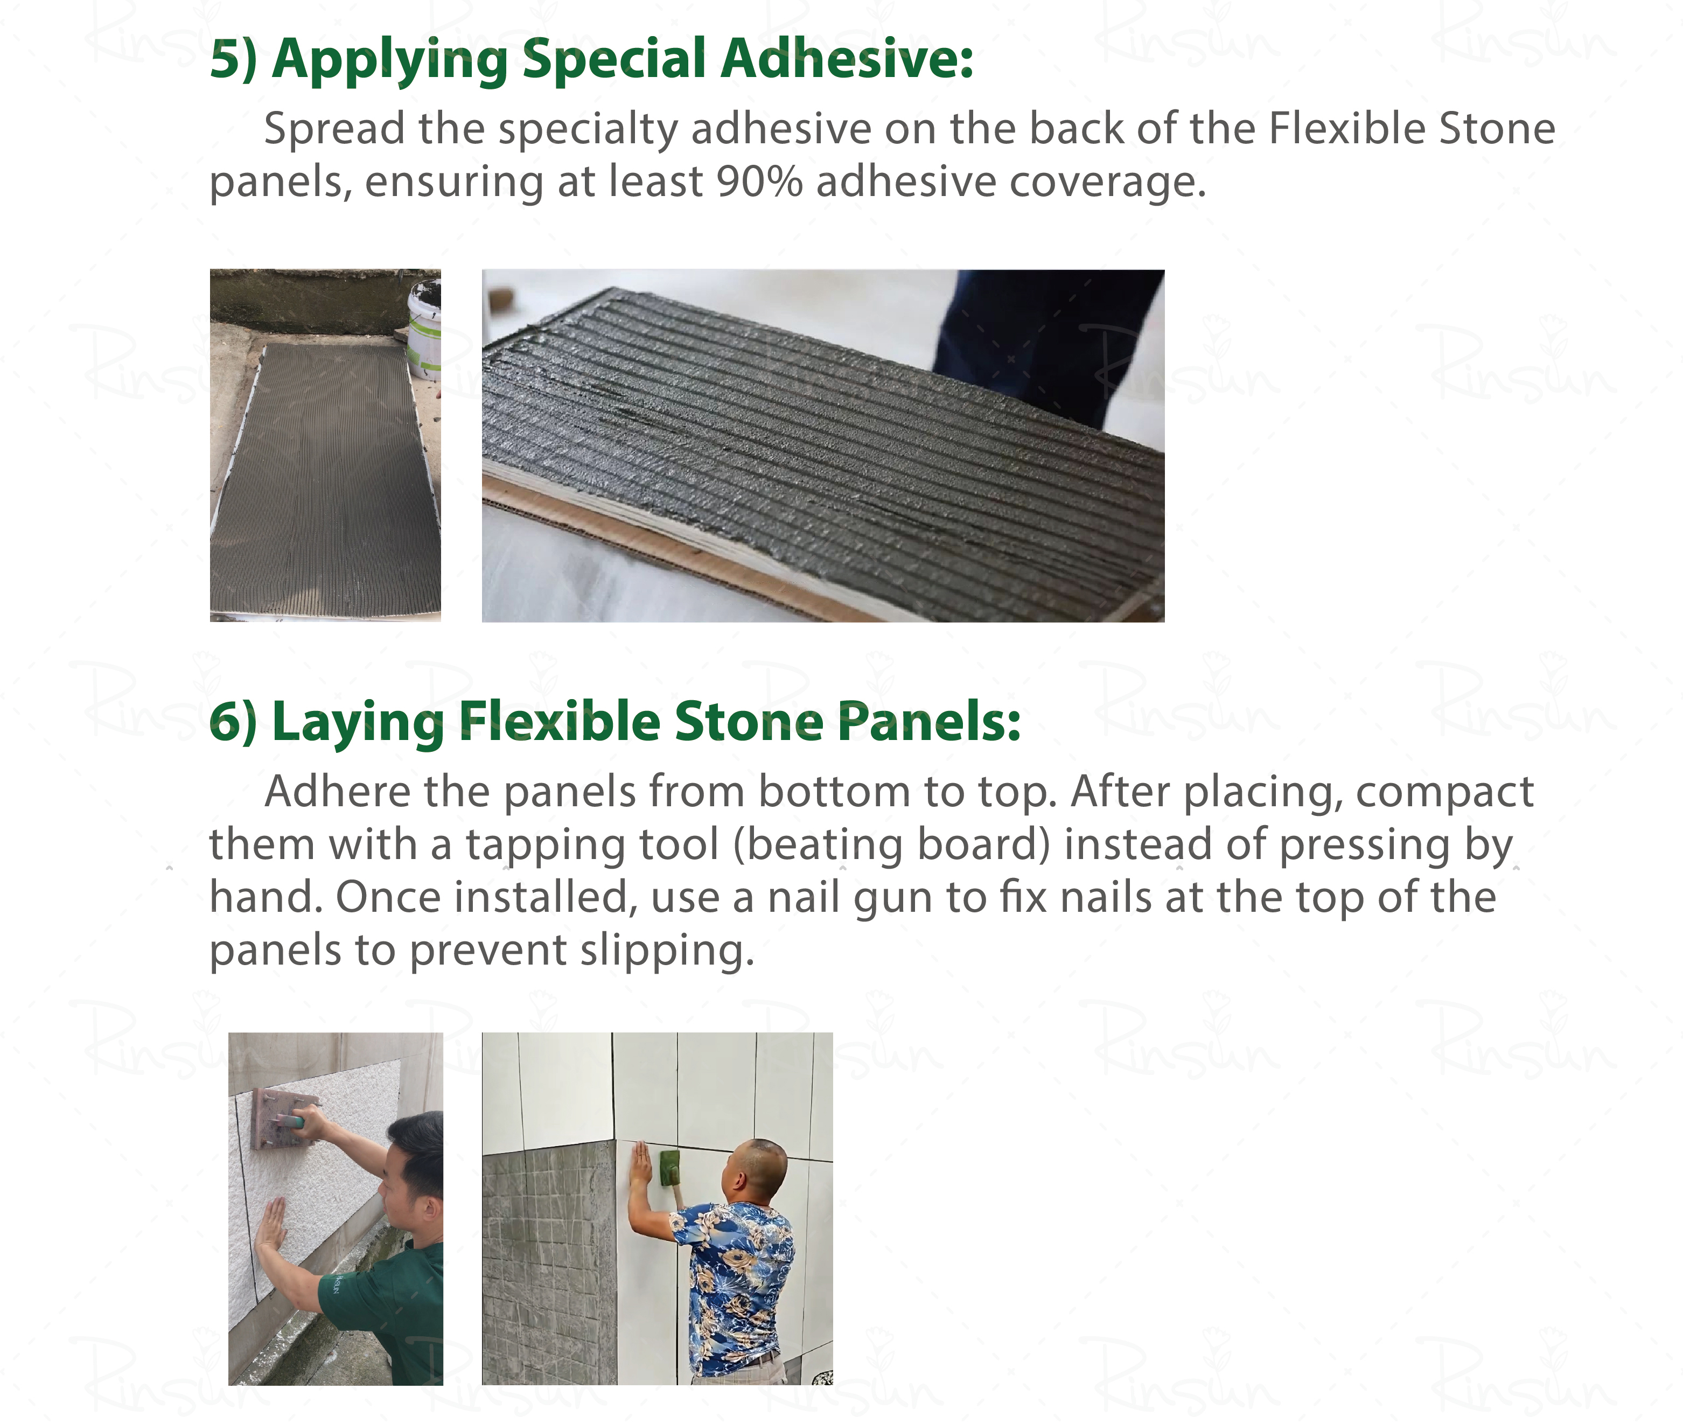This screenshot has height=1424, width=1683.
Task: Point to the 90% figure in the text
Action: [759, 181]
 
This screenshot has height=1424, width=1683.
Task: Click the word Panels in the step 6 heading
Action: [928, 721]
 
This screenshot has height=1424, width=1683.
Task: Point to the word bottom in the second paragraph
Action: [833, 791]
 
